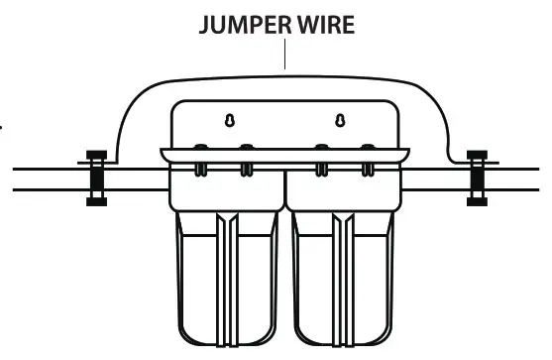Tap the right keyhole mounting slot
tap(340, 121)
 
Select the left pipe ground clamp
tap(96, 178)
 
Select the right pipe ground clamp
tap(475, 178)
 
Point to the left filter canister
tap(227, 278)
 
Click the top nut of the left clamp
tap(96, 156)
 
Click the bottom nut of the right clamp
tap(475, 201)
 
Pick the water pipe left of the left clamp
tap(45, 178)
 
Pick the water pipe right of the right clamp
tap(520, 178)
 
